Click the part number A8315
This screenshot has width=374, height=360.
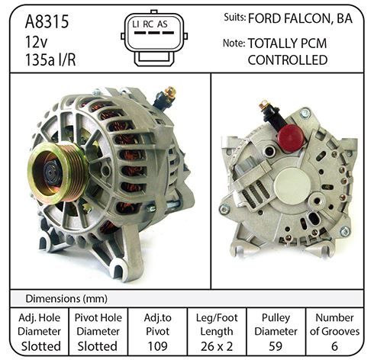tap(47, 21)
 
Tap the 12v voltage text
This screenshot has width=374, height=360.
tap(37, 42)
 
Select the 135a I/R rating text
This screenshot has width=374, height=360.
tap(50, 60)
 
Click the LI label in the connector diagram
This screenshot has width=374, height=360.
tap(136, 24)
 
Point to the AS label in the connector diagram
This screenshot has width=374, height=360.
tap(163, 24)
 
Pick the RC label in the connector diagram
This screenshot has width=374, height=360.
tap(148, 24)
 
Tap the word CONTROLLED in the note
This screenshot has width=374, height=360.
tap(288, 60)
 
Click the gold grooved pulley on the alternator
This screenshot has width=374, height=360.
tap(58, 173)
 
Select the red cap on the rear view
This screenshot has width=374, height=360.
tap(291, 138)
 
